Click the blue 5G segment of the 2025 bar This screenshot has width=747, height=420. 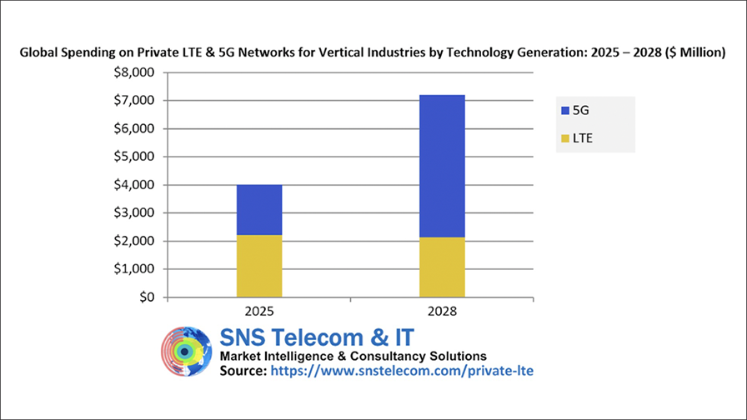(x=258, y=210)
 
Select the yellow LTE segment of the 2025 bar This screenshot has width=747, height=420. (x=258, y=266)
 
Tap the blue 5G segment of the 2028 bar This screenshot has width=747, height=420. (x=442, y=166)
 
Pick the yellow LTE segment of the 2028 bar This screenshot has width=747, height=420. (x=442, y=267)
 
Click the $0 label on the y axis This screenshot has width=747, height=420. (x=146, y=297)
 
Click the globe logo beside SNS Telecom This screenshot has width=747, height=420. (x=187, y=352)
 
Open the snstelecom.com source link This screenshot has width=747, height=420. (x=400, y=371)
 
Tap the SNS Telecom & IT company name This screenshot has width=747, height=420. (x=316, y=337)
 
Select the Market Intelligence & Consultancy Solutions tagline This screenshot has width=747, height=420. (x=353, y=356)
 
